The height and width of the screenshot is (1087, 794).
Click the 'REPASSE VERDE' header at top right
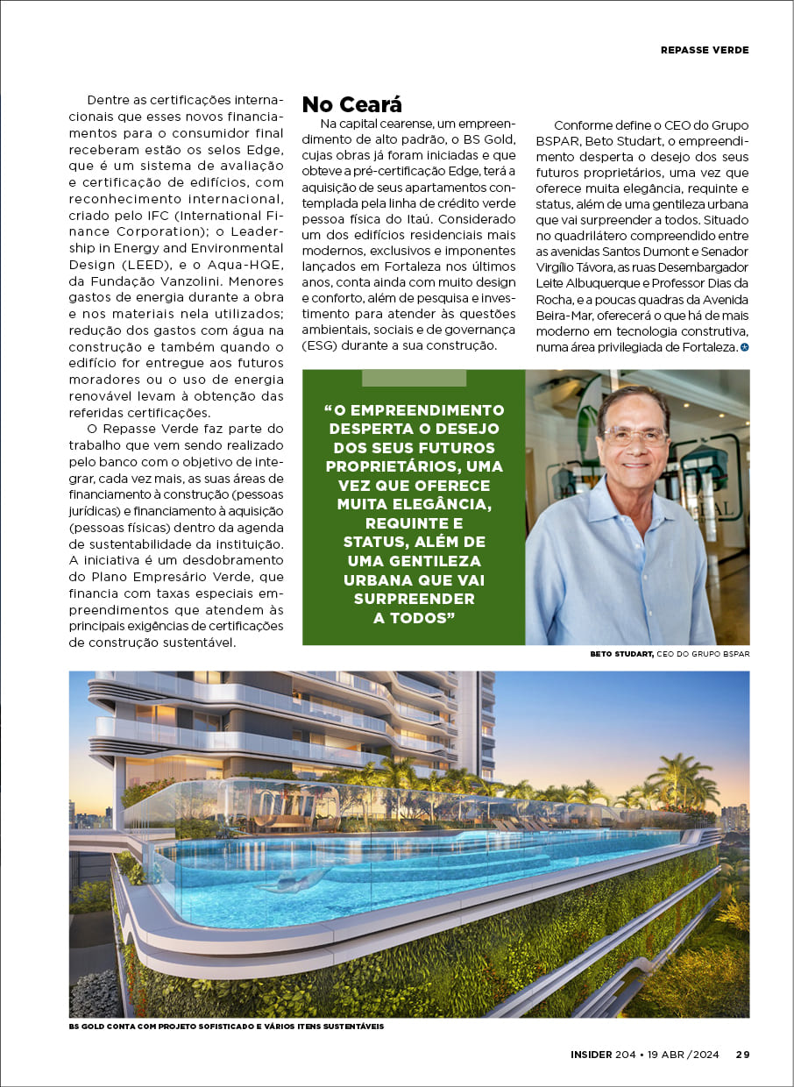[x=705, y=50]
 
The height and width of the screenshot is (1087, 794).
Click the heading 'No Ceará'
[x=352, y=104]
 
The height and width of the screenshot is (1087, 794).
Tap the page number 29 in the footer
[x=742, y=1055]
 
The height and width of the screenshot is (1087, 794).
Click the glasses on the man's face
[x=634, y=435]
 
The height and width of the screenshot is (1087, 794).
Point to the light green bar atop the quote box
[x=414, y=378]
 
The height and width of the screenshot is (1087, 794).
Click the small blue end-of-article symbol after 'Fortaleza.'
[x=745, y=348]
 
